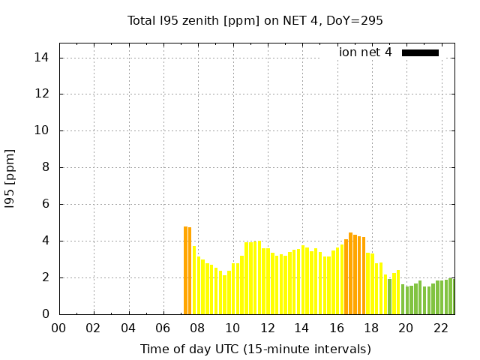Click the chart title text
coord(255,21)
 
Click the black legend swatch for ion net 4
coord(420,52)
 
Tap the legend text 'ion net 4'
coord(365,52)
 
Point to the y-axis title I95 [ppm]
coord(10,186)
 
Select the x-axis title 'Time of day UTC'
coord(255,349)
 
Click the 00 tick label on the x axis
coord(58,328)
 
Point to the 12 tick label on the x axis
coord(267,328)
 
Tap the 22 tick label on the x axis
coord(441,328)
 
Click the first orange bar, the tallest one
coord(185,270)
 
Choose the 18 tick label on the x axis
coord(371,328)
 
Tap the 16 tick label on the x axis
coord(337,328)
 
